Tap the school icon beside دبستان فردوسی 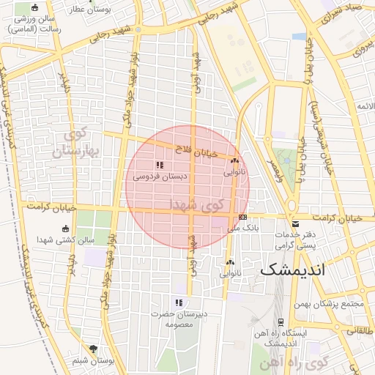pos(160,165)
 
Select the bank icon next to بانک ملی pos(242,217)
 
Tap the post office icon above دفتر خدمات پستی pos(295,224)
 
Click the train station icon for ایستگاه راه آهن pos(281,322)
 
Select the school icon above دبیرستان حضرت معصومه pos(179,302)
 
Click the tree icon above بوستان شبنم pos(92,349)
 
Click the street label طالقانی pos(360,330)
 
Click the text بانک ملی pos(223,229)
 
